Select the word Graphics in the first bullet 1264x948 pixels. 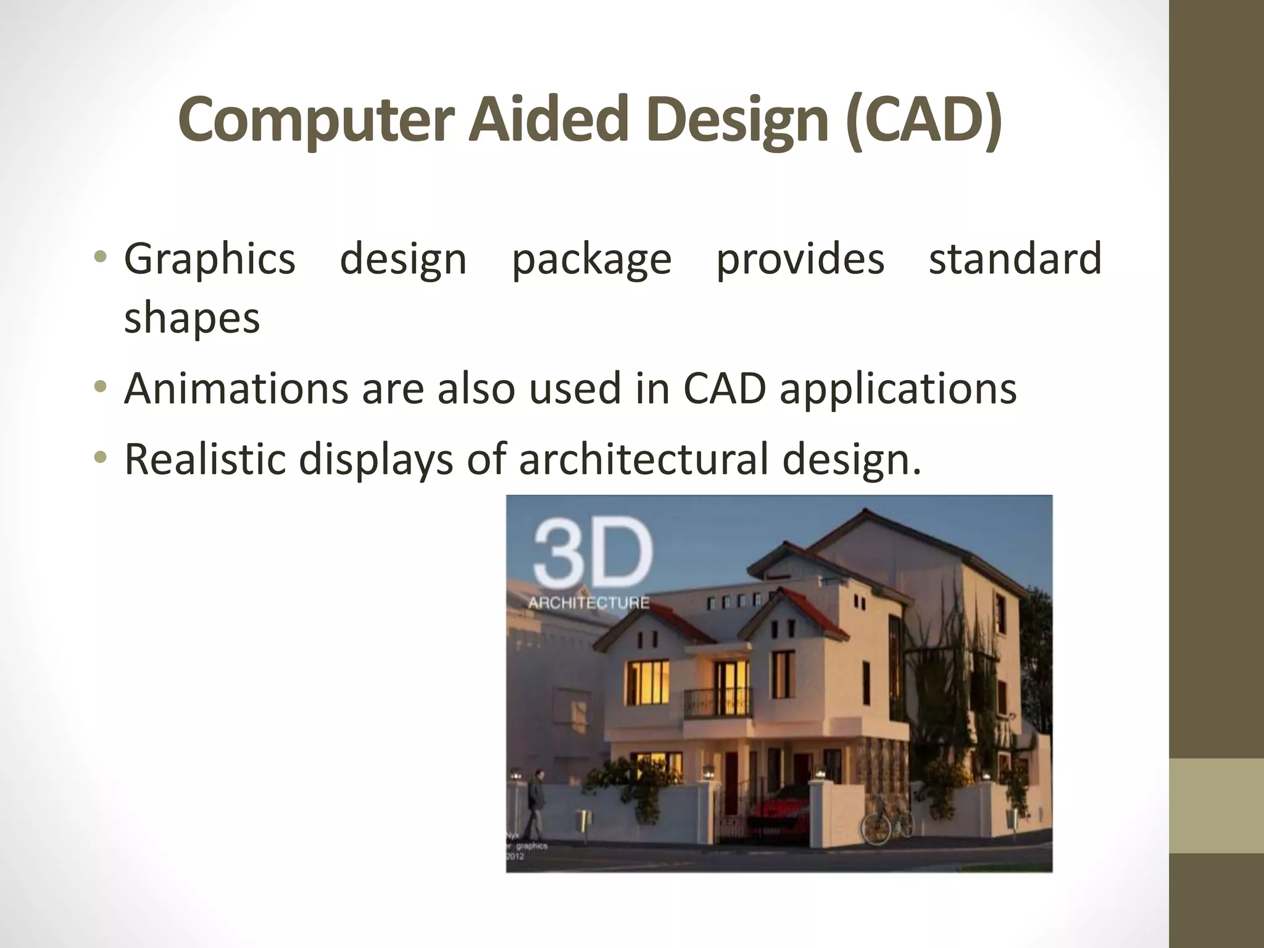click(209, 259)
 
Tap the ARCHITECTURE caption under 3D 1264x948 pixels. click(588, 602)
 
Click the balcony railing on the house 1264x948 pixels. click(718, 704)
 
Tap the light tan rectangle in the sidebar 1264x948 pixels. click(1216, 805)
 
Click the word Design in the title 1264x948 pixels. click(738, 120)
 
